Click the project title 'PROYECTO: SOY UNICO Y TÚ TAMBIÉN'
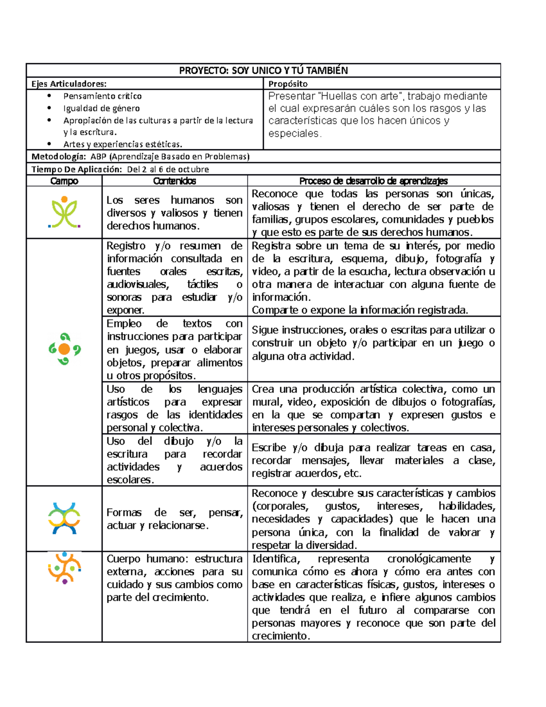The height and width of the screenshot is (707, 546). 263,71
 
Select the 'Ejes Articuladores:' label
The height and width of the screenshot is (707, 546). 69,84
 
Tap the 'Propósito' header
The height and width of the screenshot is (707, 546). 288,84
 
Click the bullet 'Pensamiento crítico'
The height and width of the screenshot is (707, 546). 102,96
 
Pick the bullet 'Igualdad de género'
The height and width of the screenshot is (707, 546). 101,108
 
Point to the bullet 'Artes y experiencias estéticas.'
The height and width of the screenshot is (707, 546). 122,144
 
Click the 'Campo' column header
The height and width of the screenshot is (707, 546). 64,181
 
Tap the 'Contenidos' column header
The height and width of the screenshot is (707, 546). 175,181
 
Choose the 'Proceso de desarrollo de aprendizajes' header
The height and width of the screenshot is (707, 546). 374,181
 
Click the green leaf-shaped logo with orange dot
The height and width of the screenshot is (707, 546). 64,212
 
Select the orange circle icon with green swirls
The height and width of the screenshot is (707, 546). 64,349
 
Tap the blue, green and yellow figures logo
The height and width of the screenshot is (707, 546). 64,518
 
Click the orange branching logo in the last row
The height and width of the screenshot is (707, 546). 64,568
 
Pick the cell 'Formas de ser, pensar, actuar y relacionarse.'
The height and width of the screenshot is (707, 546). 175,519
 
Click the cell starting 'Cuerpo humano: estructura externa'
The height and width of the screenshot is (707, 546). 175,578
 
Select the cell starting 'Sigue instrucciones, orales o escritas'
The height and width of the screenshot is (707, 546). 374,343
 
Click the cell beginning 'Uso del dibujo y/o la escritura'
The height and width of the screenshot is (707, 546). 175,460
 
